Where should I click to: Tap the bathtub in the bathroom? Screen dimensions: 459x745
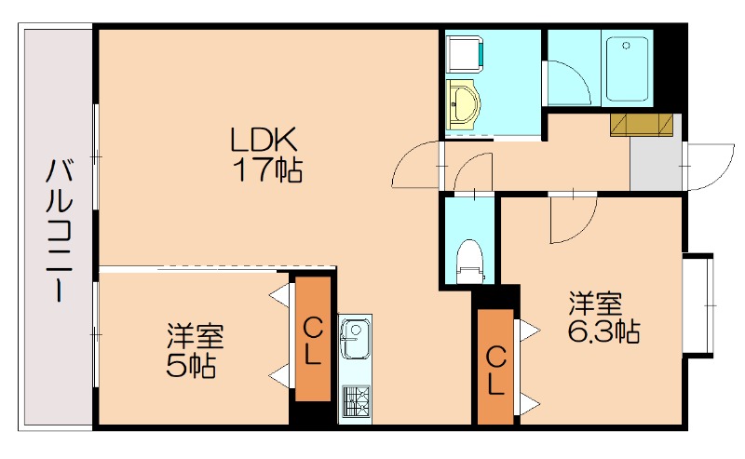point(628,70)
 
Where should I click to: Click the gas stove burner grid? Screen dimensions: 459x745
point(354,400)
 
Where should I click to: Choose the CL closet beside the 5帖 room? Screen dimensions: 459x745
point(314,340)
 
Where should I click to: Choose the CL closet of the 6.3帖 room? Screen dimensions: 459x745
point(495,369)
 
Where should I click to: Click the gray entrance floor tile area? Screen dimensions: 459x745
point(656,163)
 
